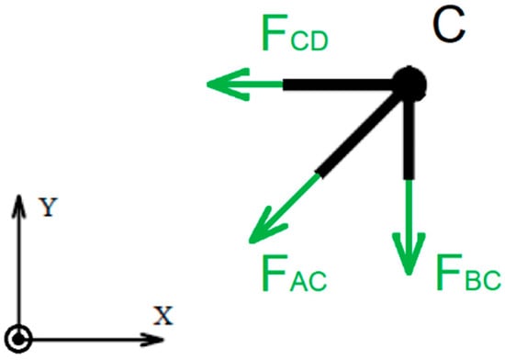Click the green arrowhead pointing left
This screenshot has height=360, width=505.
point(220,85)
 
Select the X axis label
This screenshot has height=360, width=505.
point(163,317)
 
